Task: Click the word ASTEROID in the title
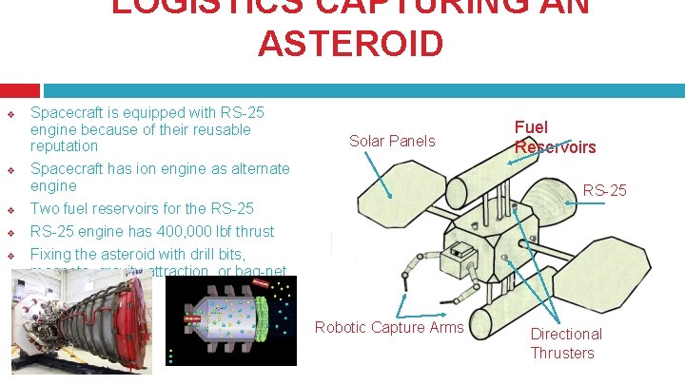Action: [349, 44]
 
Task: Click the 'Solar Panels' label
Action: [392, 142]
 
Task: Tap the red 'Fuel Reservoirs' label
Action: [555, 137]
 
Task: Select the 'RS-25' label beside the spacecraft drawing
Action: [604, 191]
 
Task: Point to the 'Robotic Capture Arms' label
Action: [389, 328]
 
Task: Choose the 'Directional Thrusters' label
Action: [565, 343]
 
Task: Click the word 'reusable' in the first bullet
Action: [220, 129]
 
